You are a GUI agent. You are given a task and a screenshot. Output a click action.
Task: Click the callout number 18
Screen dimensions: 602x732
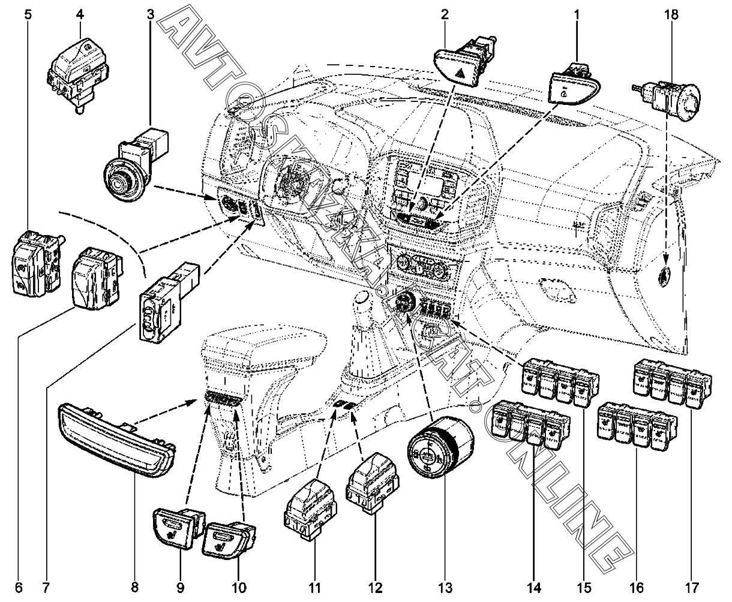pyautogui.click(x=670, y=14)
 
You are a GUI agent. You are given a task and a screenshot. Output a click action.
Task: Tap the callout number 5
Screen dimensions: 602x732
pyautogui.click(x=28, y=14)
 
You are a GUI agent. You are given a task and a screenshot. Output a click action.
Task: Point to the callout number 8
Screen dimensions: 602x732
pyautogui.click(x=134, y=586)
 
